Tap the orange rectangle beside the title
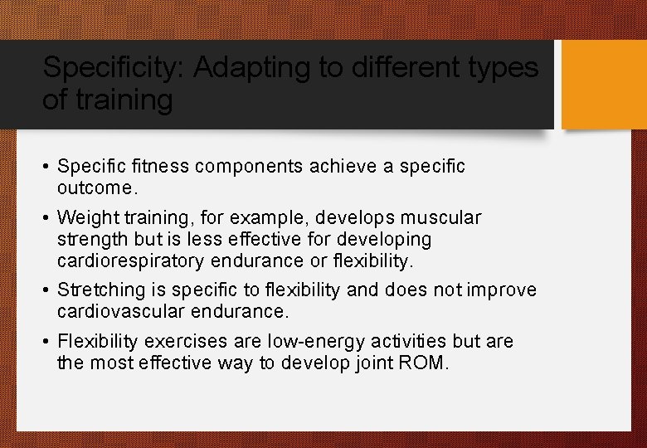(x=604, y=85)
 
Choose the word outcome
(x=95, y=188)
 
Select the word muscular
(x=443, y=218)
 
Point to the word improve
(x=502, y=290)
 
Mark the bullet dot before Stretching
(x=46, y=290)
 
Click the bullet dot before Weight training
(x=46, y=218)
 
